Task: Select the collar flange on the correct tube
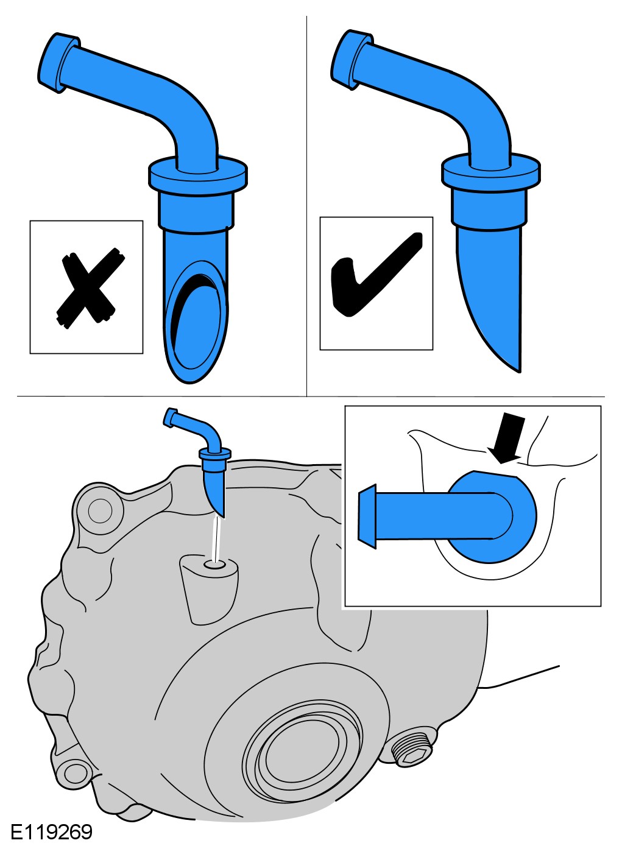[490, 171]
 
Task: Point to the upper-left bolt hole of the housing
[101, 510]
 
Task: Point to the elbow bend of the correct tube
[484, 111]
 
